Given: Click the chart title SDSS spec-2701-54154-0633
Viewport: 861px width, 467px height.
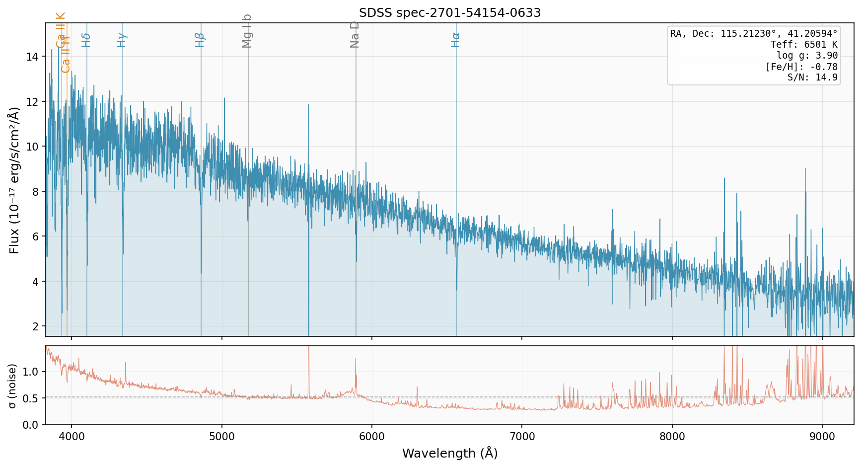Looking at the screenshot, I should coord(450,13).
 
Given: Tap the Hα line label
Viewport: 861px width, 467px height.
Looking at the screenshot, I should coord(456,40).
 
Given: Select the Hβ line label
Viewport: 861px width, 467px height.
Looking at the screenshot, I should coord(200,40).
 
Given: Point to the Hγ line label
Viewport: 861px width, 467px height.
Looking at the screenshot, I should coord(122,40).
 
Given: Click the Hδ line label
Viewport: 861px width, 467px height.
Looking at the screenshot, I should coord(86,40).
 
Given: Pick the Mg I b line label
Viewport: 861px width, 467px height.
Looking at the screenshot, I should coord(247,31).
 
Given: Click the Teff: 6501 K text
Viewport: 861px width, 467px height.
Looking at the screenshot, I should coord(804,45).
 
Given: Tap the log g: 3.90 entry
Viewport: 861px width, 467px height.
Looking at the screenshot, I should coord(807,56).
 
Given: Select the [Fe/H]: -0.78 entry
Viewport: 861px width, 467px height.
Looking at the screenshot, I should coord(801,67).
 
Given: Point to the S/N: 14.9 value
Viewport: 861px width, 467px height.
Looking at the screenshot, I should coord(812,78).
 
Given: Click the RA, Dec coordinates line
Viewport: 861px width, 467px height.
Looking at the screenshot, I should coord(754,34).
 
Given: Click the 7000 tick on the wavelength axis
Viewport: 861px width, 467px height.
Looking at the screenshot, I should coord(522,437).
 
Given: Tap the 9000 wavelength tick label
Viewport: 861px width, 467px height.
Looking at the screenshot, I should coord(822,437).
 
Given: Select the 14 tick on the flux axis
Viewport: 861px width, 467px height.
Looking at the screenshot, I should coord(32,57).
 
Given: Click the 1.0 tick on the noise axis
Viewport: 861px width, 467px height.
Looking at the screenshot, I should coord(31,372).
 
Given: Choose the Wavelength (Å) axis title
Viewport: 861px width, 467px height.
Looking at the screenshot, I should coord(450,454).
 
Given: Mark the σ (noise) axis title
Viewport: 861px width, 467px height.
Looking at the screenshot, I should coord(13,386).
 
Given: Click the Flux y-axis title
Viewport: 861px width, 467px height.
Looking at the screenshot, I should coord(14,180).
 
